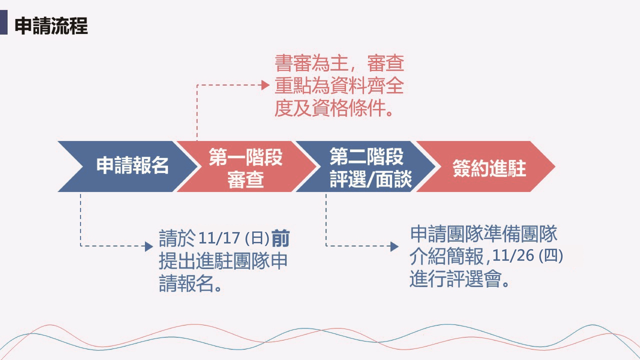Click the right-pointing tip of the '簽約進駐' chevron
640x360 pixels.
point(555,166)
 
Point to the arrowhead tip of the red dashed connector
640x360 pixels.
point(269,85)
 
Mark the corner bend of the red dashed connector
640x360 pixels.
point(197,85)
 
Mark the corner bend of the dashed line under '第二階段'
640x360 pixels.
point(326,246)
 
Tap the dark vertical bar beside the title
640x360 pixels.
point(4,22)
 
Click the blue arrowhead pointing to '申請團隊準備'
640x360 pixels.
point(395,246)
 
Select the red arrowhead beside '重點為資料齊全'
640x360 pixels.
point(266,85)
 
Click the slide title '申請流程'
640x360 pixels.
point(51,26)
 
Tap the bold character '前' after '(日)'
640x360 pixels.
point(281,238)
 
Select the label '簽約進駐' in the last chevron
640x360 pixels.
point(489,168)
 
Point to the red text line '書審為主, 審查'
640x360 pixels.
point(339,63)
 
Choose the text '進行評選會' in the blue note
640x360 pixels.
point(455,279)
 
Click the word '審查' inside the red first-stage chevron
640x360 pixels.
point(246,180)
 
